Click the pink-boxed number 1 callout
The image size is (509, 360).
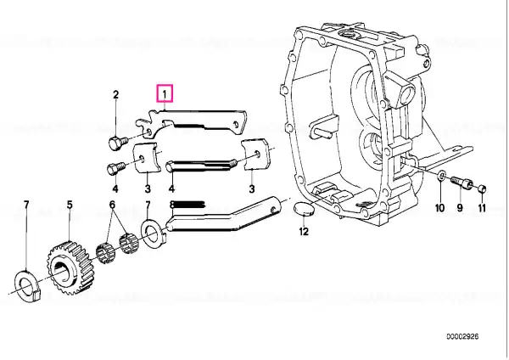pos(165,93)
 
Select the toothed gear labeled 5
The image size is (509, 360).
pos(70,267)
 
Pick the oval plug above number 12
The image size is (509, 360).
pos(304,210)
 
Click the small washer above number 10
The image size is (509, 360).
pos(441,177)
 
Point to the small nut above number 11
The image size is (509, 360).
pos(482,188)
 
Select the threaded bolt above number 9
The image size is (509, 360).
pos(461,182)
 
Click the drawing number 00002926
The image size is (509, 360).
pos(462,336)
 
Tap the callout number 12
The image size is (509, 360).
pos(304,231)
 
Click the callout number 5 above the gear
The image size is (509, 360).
pos(70,205)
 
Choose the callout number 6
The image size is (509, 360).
pos(112,205)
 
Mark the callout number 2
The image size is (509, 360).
pos(115,94)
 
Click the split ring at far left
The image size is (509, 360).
pos(28,285)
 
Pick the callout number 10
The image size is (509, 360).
pos(439,208)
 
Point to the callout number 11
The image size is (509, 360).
pos(482,208)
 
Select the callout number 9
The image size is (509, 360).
pos(460,208)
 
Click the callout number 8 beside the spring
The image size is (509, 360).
pos(171,205)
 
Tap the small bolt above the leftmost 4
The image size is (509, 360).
pos(115,168)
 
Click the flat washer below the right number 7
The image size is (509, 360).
pos(152,232)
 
